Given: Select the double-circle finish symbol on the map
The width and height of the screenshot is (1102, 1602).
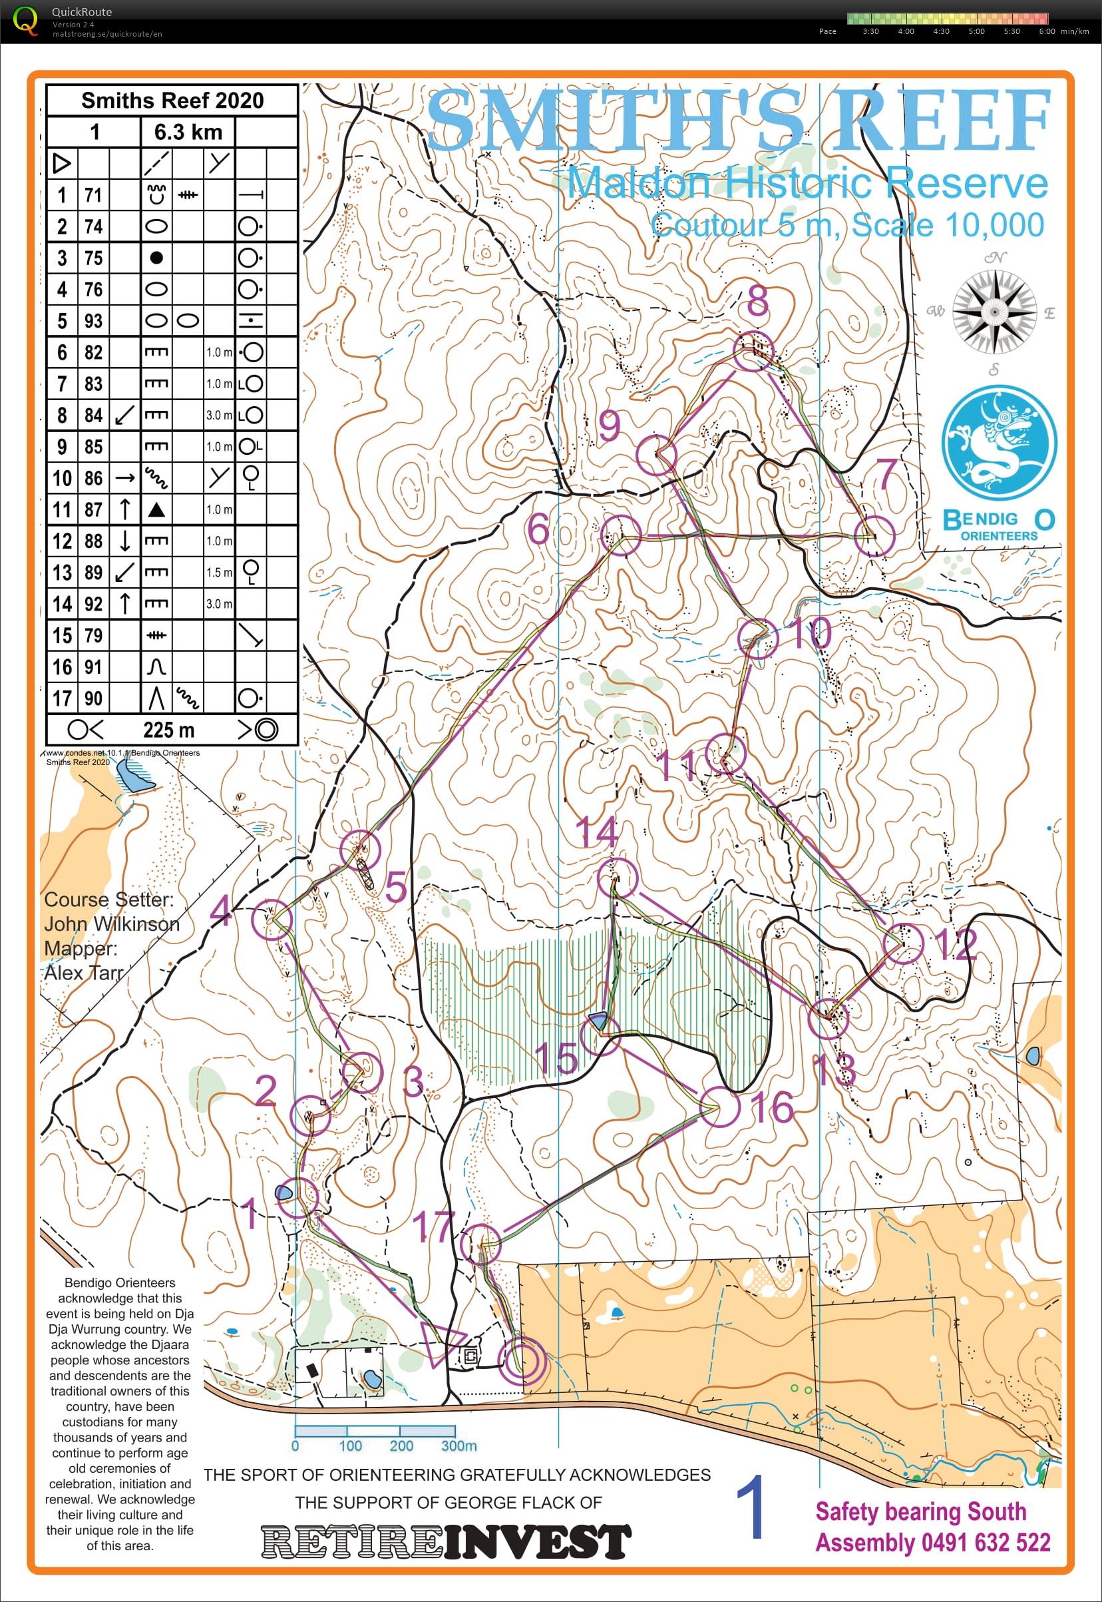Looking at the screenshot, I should click(x=521, y=1360).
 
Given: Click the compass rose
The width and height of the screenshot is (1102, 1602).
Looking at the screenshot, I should click(x=994, y=312).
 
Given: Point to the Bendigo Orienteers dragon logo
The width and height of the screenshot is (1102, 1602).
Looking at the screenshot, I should click(x=998, y=443).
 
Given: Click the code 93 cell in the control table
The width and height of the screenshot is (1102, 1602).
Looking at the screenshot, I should click(x=93, y=321).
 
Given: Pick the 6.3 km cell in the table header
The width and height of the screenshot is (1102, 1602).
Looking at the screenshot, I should click(x=188, y=132).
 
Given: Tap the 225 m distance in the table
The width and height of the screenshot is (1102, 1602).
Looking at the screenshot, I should click(x=168, y=730).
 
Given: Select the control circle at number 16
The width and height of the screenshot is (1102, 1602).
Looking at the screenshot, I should click(x=719, y=1107).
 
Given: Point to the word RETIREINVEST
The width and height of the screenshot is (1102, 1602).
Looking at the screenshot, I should click(x=446, y=1543).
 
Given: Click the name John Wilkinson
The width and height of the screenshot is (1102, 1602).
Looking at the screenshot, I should click(x=111, y=924).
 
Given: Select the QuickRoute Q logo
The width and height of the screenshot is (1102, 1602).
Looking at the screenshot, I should click(x=25, y=20).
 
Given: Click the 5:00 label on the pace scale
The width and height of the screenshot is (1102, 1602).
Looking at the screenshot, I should click(x=976, y=31).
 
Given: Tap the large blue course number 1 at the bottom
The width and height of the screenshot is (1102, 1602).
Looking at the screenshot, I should click(x=751, y=1507).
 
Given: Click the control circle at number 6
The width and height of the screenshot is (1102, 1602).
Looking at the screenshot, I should click(x=620, y=535).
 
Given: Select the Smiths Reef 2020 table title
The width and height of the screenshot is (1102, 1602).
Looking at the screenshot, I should click(x=172, y=101).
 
